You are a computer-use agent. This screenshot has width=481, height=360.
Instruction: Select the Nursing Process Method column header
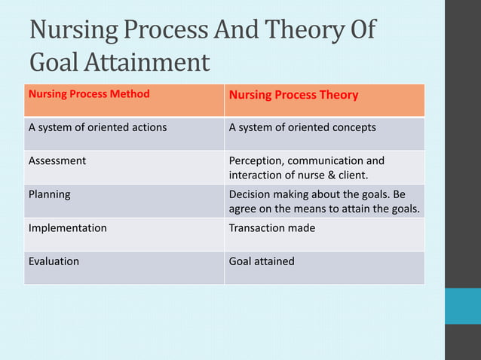pyautogui.click(x=89, y=95)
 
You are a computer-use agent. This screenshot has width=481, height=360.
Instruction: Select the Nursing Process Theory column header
pyautogui.click(x=293, y=96)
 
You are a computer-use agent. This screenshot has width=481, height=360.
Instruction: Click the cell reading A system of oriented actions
pyautogui.click(x=97, y=127)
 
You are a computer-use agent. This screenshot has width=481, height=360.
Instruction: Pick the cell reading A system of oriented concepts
pyautogui.click(x=302, y=127)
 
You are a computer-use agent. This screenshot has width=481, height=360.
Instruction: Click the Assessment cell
pyautogui.click(x=57, y=160)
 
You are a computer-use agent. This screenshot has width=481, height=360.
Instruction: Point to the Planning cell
pyautogui.click(x=49, y=194)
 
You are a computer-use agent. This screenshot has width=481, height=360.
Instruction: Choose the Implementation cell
pyautogui.click(x=67, y=227)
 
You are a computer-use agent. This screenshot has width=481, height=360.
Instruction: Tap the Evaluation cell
pyautogui.click(x=54, y=261)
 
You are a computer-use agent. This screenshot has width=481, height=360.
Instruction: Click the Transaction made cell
pyautogui.click(x=271, y=227)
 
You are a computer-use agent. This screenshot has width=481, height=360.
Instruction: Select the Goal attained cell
pyautogui.click(x=262, y=261)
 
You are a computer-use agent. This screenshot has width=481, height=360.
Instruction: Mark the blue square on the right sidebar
pyautogui.click(x=462, y=306)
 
